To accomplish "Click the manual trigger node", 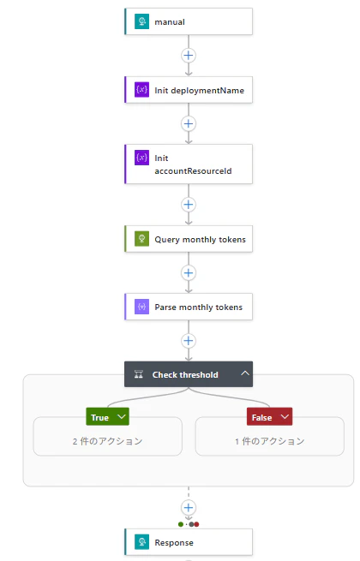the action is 189,21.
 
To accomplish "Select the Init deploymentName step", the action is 189,90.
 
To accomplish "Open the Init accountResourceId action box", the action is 189,164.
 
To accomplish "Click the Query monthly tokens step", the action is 189,239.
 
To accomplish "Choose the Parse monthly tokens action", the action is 189,307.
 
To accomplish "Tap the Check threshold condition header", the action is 189,374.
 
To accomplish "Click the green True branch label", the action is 107,417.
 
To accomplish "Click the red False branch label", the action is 269,417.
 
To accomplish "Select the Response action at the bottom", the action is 189,542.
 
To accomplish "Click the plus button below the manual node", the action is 189,56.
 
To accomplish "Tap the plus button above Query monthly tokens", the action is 189,205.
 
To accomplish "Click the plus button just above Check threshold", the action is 189,341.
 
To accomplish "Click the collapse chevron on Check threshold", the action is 245,373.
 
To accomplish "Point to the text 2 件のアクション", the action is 107,441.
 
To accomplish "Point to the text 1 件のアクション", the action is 270,441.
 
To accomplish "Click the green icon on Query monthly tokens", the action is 141,239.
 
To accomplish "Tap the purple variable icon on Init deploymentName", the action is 141,89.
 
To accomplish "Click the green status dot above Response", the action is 181,524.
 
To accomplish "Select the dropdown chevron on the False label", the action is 285,417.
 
